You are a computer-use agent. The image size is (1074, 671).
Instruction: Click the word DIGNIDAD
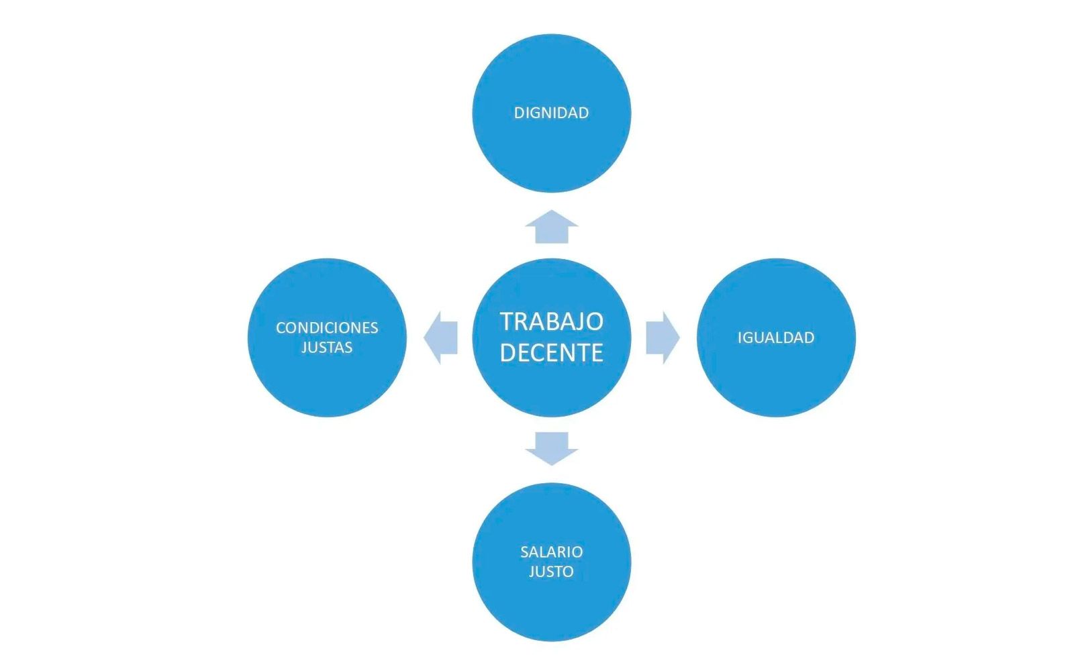tap(551, 113)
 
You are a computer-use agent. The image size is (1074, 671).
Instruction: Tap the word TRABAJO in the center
tap(551, 321)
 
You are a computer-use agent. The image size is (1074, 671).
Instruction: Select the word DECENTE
tap(551, 353)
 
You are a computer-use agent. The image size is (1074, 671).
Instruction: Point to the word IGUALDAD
tap(776, 338)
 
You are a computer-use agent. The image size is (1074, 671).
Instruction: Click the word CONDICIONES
tap(327, 328)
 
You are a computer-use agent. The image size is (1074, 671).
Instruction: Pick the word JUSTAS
tap(327, 347)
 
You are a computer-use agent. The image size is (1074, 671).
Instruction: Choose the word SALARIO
tap(551, 552)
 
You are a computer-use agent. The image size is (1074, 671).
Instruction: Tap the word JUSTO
tap(551, 571)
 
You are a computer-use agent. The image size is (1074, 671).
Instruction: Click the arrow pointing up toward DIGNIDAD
tap(551, 227)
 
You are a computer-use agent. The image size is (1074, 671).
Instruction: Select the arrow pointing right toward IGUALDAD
tap(663, 338)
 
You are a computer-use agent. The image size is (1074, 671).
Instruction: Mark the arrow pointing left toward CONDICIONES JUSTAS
tap(440, 338)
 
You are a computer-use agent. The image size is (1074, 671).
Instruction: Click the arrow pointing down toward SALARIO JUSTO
tap(551, 449)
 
